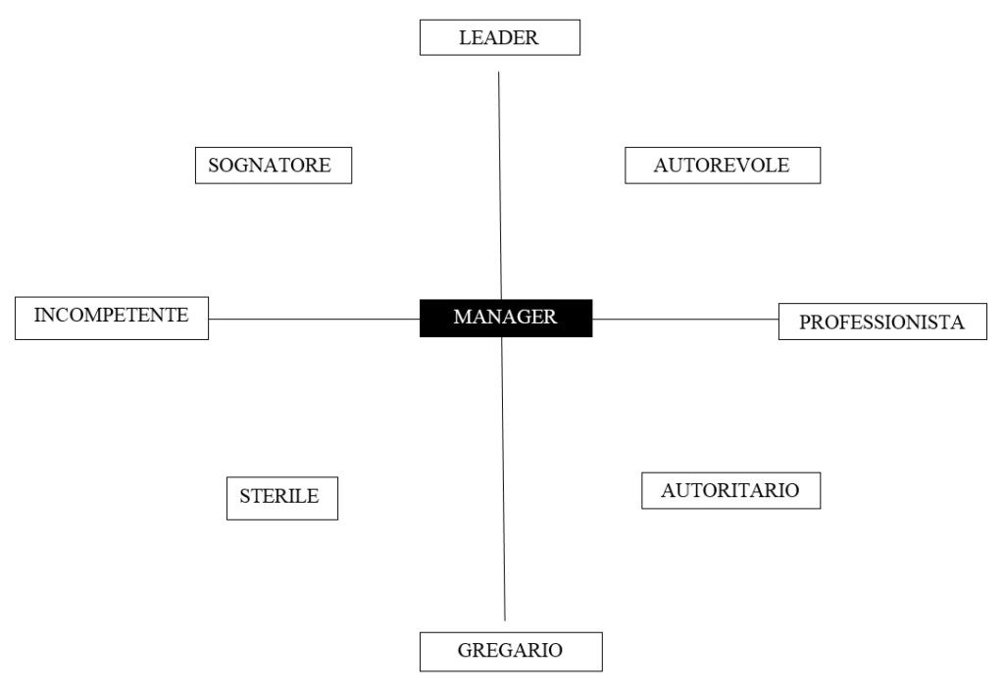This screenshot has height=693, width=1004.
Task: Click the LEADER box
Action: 499,37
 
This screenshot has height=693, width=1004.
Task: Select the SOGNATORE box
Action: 274,165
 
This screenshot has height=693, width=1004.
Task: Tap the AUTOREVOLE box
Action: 723,165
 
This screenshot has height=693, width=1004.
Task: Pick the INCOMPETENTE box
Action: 112,318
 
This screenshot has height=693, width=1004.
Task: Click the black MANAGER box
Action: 506,318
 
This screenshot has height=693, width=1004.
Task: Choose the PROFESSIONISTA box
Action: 882,322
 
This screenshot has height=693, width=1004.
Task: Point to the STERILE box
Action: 281,498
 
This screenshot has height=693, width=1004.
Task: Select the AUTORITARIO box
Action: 730,491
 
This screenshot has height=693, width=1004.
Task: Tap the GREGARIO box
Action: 511,652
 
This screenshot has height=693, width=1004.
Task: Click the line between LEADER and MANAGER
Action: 500,185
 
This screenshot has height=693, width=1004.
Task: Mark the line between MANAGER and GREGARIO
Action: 503,478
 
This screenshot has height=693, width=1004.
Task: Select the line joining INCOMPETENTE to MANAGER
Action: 314,319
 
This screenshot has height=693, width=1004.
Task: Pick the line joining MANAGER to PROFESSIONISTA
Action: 685,319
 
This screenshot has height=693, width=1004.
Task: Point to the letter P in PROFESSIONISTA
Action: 805,322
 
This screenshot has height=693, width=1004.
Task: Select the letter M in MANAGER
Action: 463,317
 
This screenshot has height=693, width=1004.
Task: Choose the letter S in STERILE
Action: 244,496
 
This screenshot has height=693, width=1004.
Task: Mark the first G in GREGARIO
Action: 466,650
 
